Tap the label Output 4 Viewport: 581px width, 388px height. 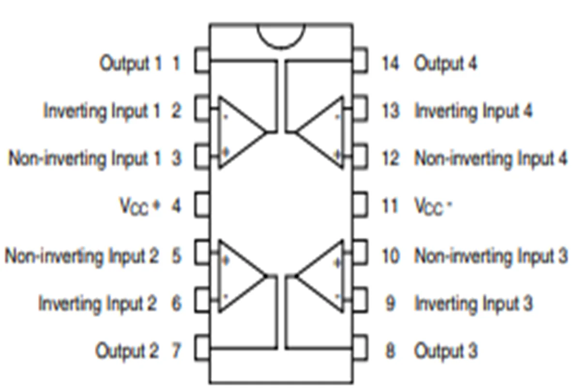click(445, 63)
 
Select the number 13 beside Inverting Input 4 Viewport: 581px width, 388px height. click(390, 111)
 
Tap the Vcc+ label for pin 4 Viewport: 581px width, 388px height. click(139, 207)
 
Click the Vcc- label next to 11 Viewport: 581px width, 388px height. click(433, 207)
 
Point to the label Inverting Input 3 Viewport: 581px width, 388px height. click(474, 304)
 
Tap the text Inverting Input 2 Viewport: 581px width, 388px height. click(98, 304)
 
